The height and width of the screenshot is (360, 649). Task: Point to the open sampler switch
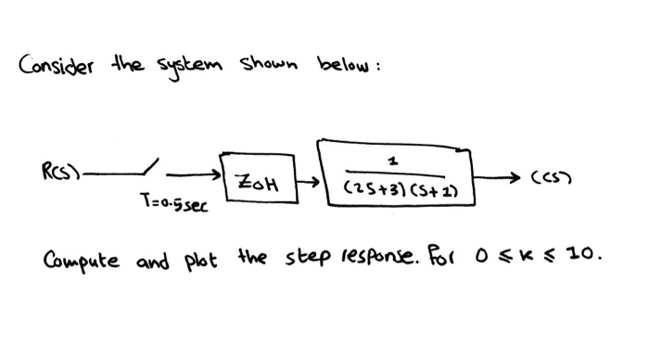point(148,168)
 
